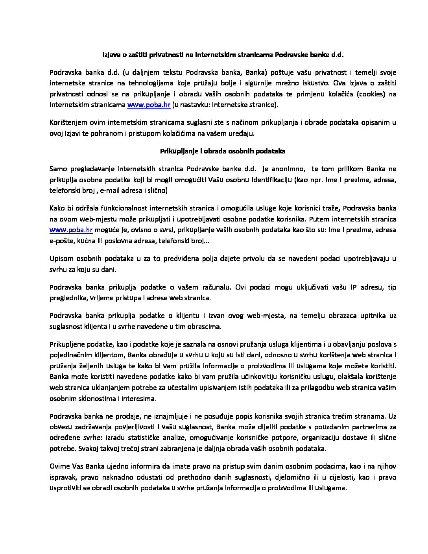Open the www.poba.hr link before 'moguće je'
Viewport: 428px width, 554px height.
point(71,230)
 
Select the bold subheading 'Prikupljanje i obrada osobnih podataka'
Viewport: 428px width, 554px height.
point(223,151)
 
